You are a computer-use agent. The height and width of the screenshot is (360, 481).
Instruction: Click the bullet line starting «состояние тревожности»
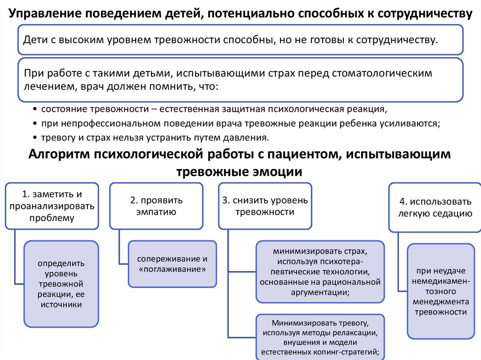(214, 109)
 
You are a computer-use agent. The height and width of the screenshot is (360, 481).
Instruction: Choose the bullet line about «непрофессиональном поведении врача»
(240, 123)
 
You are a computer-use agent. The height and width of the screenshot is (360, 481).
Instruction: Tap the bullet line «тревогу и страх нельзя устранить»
(155, 138)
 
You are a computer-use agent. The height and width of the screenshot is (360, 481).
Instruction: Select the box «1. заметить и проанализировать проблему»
(52, 206)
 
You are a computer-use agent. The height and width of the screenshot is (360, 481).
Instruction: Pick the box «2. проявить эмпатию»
(156, 206)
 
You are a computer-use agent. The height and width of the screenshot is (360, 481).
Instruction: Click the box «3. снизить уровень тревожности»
(265, 206)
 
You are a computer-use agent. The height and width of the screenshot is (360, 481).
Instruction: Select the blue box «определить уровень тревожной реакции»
(61, 283)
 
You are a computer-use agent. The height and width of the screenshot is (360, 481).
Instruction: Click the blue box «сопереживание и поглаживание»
(172, 264)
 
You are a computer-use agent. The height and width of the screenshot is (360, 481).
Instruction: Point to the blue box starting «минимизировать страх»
(320, 271)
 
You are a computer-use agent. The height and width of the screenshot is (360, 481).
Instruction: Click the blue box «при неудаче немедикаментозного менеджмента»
(441, 291)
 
